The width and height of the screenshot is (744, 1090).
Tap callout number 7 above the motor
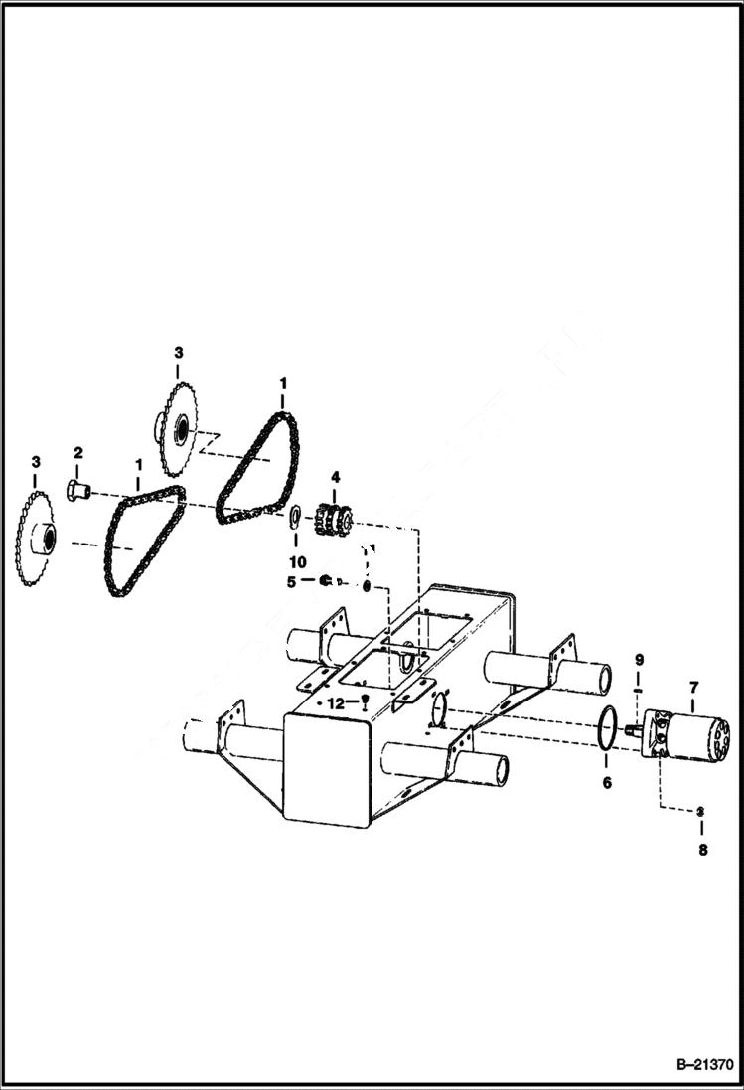[693, 686]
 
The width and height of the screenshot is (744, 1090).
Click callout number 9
[640, 661]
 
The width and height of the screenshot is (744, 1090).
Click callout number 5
[291, 582]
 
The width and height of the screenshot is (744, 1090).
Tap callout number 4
[335, 478]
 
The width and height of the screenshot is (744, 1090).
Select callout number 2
[77, 454]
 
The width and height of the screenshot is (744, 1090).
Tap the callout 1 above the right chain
[282, 383]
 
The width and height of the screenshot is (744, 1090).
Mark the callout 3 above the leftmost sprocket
[36, 463]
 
